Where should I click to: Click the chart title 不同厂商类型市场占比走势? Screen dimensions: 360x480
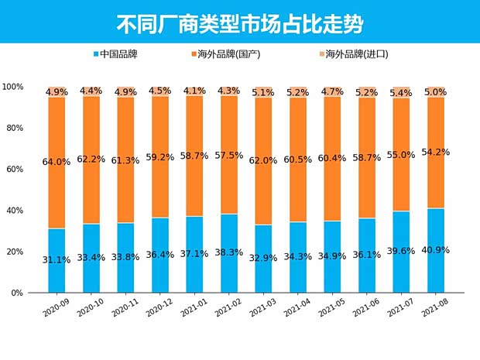click(x=239, y=22)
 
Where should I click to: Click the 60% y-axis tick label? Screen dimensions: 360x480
click(x=14, y=169)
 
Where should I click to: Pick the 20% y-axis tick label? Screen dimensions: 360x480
click(x=14, y=252)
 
